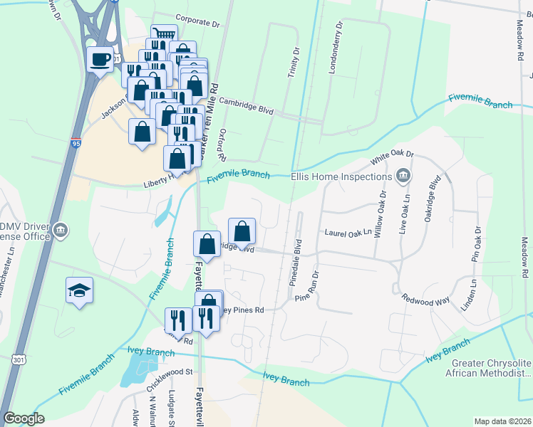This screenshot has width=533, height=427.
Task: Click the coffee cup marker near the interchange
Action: (x=100, y=58)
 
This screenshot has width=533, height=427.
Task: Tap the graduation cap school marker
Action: (x=79, y=290)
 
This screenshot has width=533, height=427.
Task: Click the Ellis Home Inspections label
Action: (x=341, y=176)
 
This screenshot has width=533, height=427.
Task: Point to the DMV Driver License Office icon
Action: (x=61, y=229)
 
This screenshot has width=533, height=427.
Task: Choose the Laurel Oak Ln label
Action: (x=348, y=232)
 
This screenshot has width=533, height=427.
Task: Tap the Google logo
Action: (x=24, y=418)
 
